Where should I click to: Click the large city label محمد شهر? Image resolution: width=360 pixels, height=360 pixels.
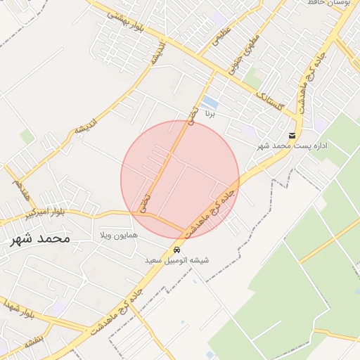click(41, 238)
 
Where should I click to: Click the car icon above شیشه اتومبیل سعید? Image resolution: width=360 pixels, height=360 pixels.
click(176, 250)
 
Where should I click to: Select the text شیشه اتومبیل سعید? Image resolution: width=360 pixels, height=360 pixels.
click(176, 261)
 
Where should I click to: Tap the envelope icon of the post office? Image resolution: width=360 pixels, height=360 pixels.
click(292, 135)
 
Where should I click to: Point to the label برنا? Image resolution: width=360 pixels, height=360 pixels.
click(209, 112)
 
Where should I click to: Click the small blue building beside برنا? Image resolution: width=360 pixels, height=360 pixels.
click(210, 103)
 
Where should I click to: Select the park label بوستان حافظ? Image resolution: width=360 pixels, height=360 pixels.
click(330, 4)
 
